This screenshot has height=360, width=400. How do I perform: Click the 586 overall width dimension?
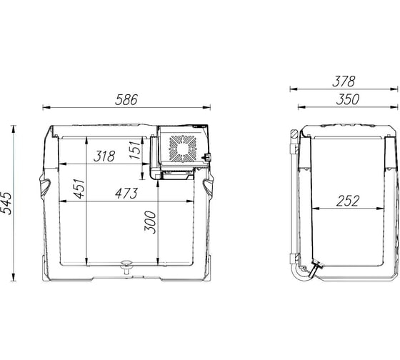click(126, 100)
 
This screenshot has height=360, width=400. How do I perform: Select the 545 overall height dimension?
click(6, 203)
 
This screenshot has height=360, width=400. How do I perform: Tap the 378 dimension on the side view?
click(344, 81)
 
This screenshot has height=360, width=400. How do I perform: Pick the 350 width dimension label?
click(347, 99)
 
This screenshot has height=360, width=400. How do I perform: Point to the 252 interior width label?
click(348, 201)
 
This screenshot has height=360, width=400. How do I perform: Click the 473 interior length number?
click(126, 193)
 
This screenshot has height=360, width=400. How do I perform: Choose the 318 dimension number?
click(104, 156)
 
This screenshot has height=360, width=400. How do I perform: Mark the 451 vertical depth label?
click(79, 189)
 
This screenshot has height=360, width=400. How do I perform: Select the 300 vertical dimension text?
click(150, 222)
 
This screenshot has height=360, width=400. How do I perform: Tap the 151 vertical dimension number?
click(135, 150)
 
